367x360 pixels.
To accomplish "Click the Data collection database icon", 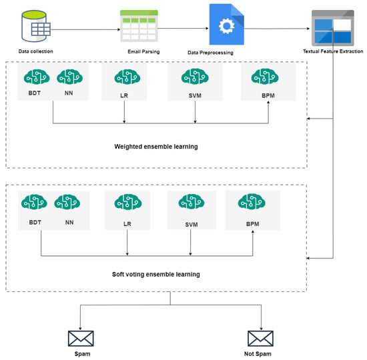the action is [36, 26].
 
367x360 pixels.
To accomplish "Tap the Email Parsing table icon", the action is [139, 26].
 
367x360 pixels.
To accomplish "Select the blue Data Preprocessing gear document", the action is [227, 24].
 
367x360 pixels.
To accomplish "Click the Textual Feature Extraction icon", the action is [332, 28].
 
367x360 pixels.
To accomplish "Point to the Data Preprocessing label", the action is [210, 53].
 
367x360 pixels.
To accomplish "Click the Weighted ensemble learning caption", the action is [156, 147].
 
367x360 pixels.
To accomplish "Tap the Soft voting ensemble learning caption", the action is [156, 275].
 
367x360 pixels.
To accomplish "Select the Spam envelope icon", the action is [81, 339].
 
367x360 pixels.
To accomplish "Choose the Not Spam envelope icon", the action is [260, 339].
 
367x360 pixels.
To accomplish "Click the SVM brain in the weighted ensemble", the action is [195, 77].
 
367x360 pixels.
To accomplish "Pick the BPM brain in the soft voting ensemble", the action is [252, 201].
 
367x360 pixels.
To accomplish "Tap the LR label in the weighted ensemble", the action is [124, 96].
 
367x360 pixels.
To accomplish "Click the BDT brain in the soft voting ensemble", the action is [34, 202].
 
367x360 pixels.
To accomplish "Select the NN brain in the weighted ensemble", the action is [70, 77].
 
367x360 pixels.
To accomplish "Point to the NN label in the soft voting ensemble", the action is [69, 222].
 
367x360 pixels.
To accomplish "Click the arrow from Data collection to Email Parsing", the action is [85, 29].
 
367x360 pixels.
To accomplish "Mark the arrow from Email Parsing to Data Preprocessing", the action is [183, 29].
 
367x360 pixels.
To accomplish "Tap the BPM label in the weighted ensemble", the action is [268, 96].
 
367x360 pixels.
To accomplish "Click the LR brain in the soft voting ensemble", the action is [128, 202].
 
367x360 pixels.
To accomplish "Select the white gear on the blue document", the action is [227, 26].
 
